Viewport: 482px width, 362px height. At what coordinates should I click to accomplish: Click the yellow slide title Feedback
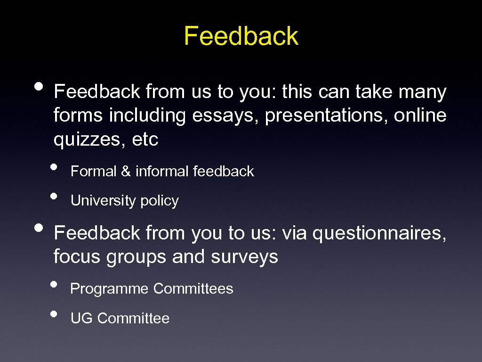pos(241,36)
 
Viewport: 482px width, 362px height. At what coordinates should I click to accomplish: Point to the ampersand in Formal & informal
pos(126,172)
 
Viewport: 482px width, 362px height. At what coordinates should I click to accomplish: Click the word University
pos(96,201)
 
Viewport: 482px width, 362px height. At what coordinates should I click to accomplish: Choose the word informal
pos(162,172)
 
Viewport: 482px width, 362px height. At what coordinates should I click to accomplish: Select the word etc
pos(145,140)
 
